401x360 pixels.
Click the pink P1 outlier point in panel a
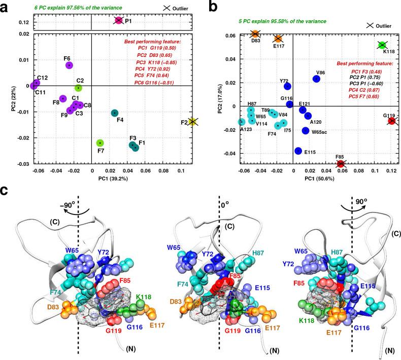[118, 20]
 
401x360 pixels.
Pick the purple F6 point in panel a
[70, 65]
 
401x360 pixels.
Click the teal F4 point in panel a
[115, 113]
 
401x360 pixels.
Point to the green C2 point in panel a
[78, 88]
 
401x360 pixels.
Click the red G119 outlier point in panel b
[391, 121]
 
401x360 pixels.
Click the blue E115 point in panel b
[298, 151]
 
